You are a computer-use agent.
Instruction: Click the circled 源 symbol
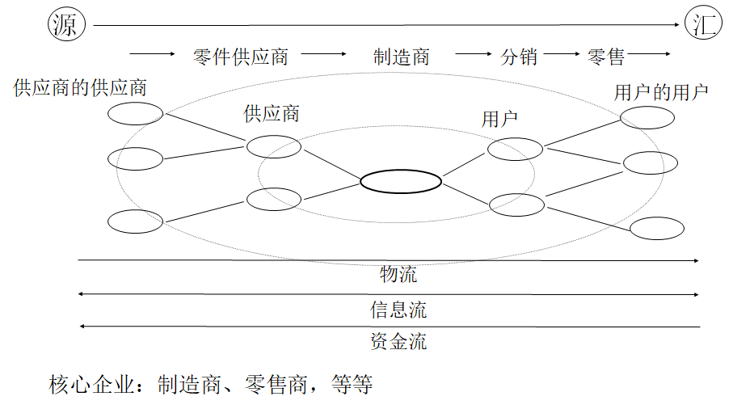pos(64,26)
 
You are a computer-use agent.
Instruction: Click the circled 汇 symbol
pos(702,25)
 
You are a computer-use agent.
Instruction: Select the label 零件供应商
pos(240,57)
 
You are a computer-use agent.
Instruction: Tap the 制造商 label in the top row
pos(401,57)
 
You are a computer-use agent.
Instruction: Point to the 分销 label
pos(519,57)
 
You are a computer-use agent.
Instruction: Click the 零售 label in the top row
pos(606,57)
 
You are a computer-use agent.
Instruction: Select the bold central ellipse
pos(401,181)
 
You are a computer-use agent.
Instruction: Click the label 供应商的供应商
pos(80,87)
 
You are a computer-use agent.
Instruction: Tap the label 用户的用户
pos(661,92)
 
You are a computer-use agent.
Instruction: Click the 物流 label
pos(398,275)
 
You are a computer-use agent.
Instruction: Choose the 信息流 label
pos(398,310)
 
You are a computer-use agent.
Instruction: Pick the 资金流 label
pos(398,341)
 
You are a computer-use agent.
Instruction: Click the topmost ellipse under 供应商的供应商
pos(136,115)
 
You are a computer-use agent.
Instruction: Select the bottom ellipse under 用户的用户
pos(657,229)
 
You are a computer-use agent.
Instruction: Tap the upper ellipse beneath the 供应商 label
pos(274,146)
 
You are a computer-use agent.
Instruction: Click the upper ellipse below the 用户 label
pos(516,149)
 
